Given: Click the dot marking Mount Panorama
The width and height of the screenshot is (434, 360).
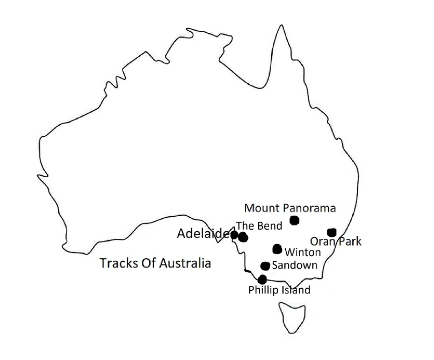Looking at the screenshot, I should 294,220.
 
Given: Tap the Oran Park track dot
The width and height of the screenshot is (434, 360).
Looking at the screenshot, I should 331,232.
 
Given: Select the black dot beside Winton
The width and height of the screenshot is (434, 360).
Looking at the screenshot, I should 277,248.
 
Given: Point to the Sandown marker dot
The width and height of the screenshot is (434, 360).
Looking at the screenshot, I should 265,266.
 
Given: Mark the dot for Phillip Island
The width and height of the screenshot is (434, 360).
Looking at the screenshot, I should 262,280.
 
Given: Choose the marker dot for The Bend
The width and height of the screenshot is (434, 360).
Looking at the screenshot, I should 243,237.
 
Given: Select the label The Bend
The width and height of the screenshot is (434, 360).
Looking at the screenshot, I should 259,226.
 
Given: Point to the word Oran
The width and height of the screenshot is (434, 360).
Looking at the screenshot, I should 321,242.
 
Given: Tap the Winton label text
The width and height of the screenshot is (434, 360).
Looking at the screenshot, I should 302,252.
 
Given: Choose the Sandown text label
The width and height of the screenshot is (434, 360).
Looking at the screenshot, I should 294,265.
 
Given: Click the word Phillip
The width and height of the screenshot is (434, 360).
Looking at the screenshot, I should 262,291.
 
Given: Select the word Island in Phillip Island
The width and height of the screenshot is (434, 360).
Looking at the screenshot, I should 296,291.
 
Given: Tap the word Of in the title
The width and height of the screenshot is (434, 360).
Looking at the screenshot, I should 143,263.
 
